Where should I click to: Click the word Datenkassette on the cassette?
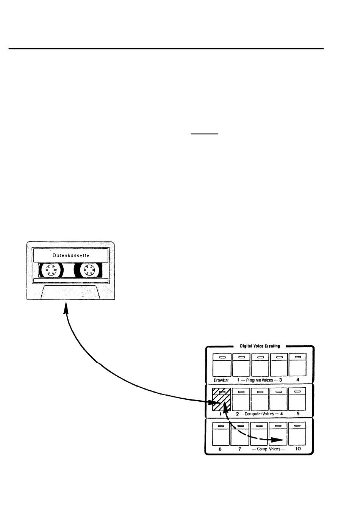pos(71,256)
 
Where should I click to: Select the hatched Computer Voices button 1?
pos(221,399)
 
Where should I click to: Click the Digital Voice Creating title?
pos(260,346)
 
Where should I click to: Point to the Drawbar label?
pos(221,380)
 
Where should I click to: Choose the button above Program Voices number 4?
pos(297,365)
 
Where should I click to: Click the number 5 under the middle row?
pos(298,414)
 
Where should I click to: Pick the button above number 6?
pos(221,434)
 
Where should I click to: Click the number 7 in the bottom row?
pos(240,449)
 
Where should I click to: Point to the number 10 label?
pos(298,449)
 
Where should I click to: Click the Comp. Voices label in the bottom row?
pos(268,449)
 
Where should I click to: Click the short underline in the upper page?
pos(205,134)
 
